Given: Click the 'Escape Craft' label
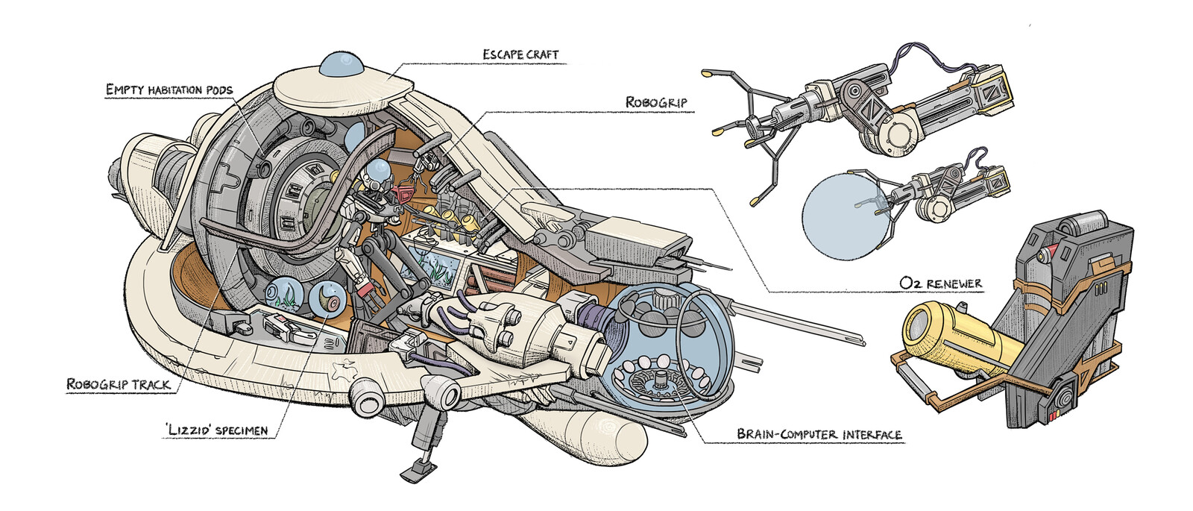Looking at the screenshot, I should (520, 54).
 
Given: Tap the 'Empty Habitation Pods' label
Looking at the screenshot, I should (169, 90).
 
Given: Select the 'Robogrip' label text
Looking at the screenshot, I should (656, 102).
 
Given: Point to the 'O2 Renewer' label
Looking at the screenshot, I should (940, 283).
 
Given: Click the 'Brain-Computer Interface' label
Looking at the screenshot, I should (819, 434).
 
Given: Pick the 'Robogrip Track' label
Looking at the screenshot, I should (119, 385).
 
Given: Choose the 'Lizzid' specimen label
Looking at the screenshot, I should (217, 431).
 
